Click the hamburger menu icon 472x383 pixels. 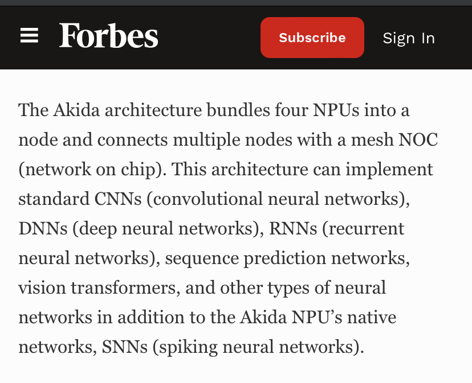pyautogui.click(x=29, y=37)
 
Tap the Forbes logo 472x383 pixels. pyautogui.click(x=108, y=37)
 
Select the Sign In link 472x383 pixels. pyautogui.click(x=409, y=38)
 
